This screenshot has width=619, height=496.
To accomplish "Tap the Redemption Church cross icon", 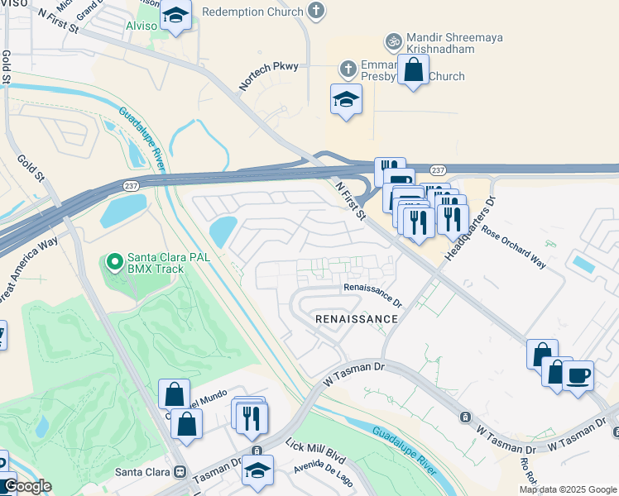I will pyautogui.click(x=314, y=12).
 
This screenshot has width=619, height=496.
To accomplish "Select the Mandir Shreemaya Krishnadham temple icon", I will pyautogui.click(x=393, y=41).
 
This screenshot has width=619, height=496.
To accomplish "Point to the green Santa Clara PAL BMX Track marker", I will pyautogui.click(x=115, y=264).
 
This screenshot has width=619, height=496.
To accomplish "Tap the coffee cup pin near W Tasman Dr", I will pyautogui.click(x=578, y=375).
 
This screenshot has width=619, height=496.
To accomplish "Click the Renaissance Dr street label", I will pyautogui.click(x=372, y=289).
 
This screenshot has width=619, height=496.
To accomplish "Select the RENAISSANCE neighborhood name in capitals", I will pyautogui.click(x=356, y=318).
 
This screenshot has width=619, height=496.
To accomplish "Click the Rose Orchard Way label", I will pyautogui.click(x=514, y=249).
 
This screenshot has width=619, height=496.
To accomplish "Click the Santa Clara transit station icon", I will pyautogui.click(x=180, y=471).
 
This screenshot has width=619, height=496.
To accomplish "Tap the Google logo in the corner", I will pyautogui.click(x=26, y=486).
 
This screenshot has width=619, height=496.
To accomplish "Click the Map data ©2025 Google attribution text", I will pyautogui.click(x=568, y=489).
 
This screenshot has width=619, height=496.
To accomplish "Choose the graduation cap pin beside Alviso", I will pyautogui.click(x=175, y=16).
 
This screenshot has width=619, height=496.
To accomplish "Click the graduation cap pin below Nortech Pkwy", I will pyautogui.click(x=346, y=100).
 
